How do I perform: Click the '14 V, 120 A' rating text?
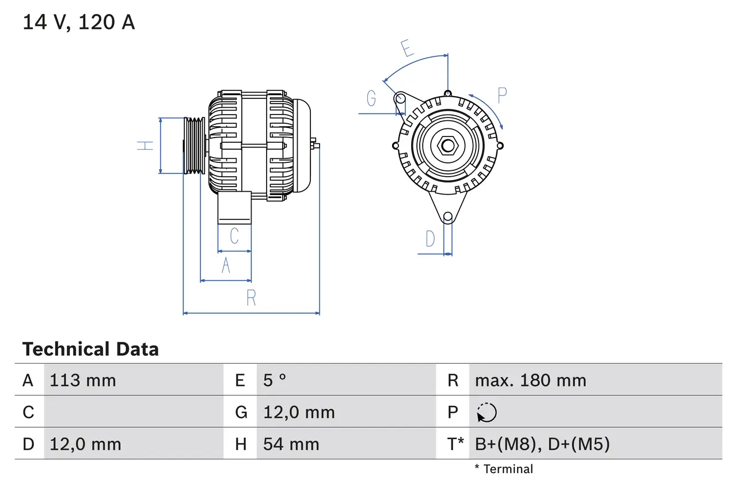(79, 22)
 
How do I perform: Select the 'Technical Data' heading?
(90, 349)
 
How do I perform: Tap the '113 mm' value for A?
(83, 380)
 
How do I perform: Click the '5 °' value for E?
(275, 380)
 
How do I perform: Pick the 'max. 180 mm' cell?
(530, 380)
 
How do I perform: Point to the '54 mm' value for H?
(291, 444)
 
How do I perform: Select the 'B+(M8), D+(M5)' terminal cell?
(542, 444)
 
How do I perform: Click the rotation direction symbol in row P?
(487, 413)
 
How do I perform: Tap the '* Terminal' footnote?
(504, 469)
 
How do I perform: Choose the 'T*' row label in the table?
(455, 444)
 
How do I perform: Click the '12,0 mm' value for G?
(299, 413)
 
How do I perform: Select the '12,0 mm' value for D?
(85, 444)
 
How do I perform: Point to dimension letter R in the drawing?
(251, 298)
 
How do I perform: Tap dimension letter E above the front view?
(407, 49)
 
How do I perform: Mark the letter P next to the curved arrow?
(502, 96)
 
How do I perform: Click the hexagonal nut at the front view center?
(447, 146)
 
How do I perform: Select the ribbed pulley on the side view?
(194, 146)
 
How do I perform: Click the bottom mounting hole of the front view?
(447, 217)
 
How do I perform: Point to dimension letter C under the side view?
(234, 236)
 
